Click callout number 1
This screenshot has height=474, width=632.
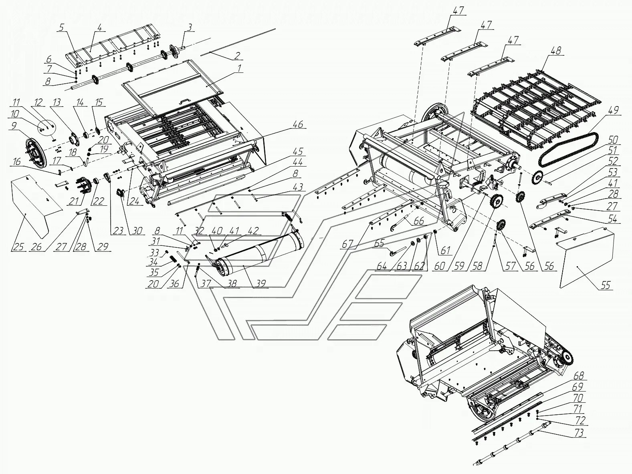click(x=239, y=69)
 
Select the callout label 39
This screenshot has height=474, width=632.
click(x=260, y=283)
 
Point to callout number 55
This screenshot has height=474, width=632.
click(x=605, y=285)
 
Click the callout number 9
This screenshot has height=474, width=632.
click(x=14, y=125)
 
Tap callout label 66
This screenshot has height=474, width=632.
click(x=418, y=221)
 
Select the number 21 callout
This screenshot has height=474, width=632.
click(x=73, y=201)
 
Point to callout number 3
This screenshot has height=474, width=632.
click(x=190, y=28)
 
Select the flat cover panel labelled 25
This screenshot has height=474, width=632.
click(x=34, y=204)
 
